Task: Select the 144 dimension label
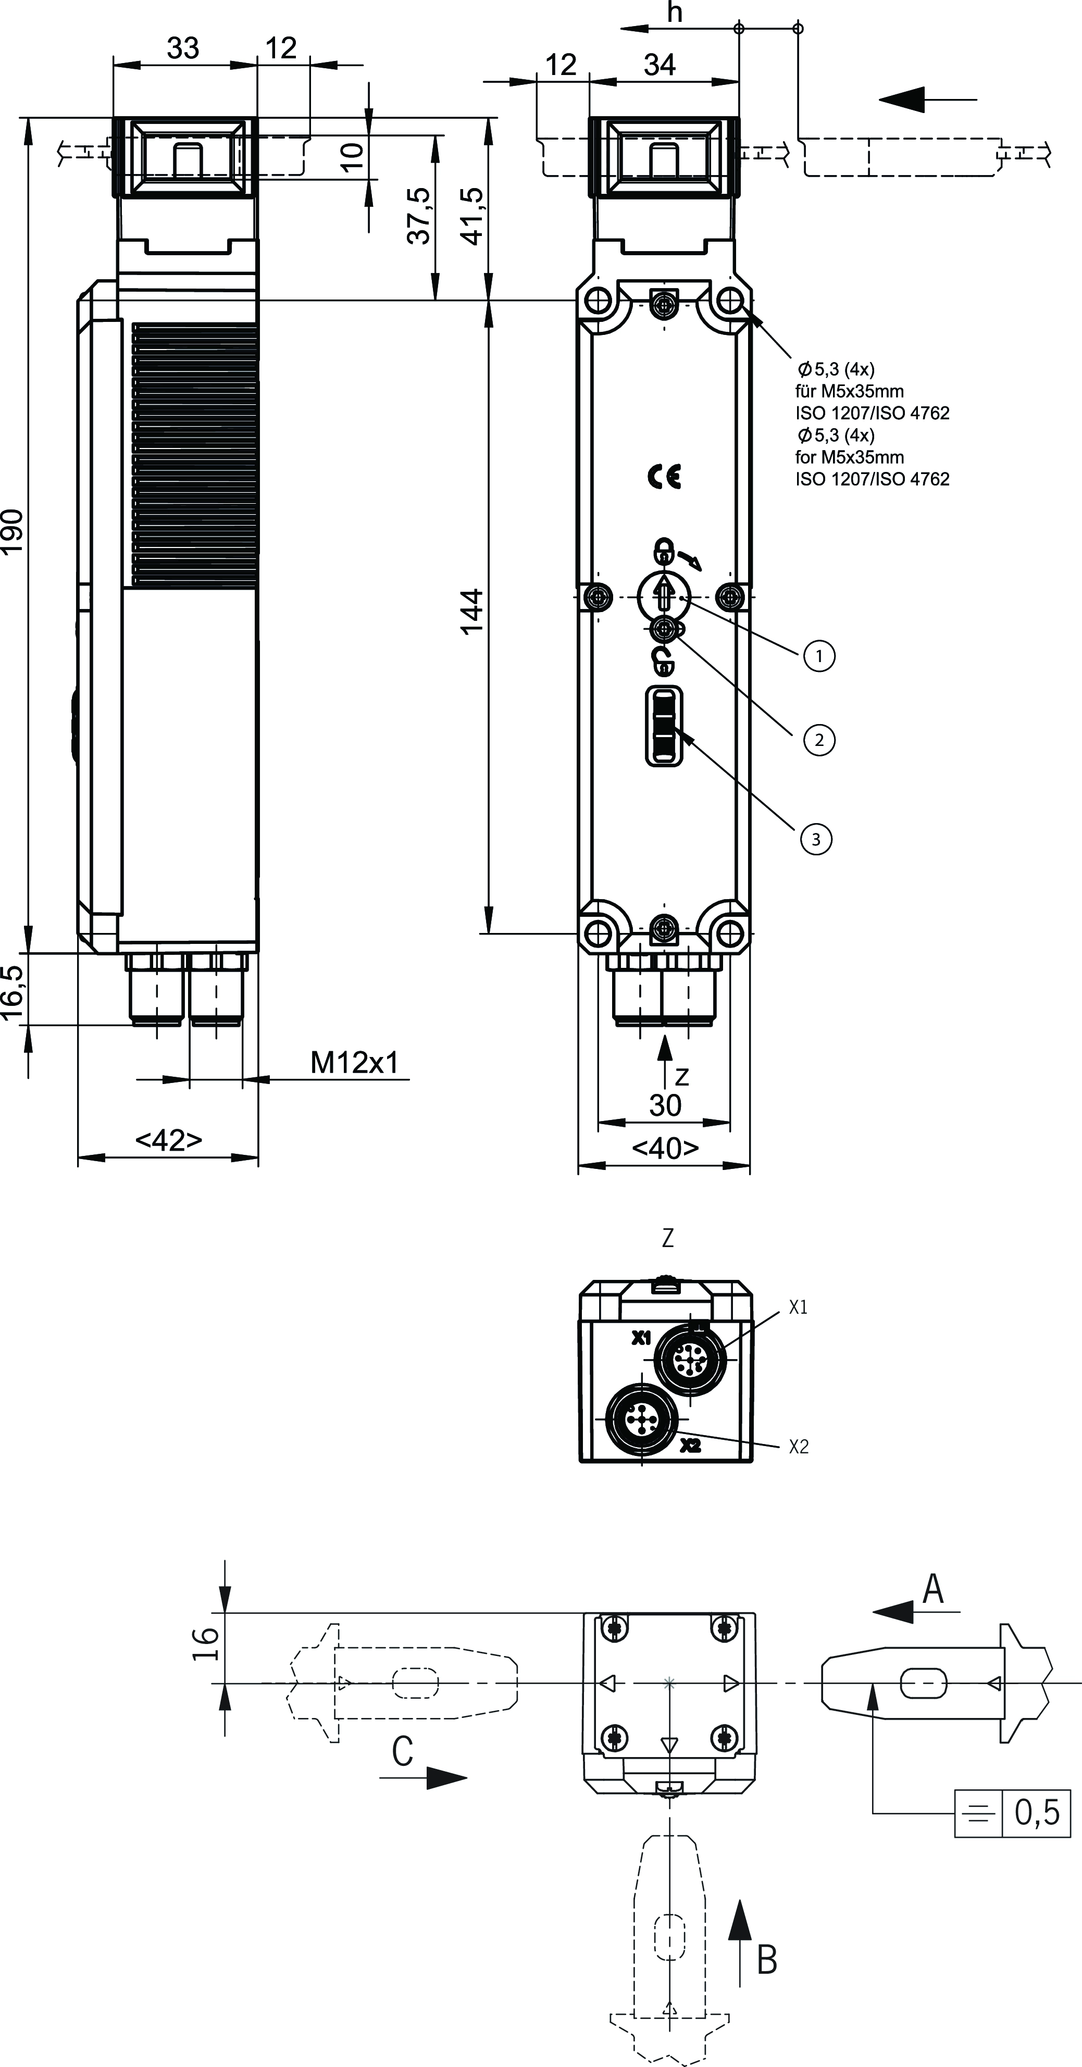[472, 612]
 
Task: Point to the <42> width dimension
[169, 1140]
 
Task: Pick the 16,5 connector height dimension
[13, 992]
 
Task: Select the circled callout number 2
[819, 739]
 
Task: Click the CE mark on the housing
[665, 478]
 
